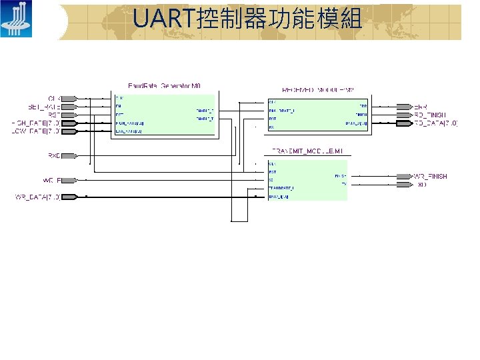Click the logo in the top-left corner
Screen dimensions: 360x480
(15, 19)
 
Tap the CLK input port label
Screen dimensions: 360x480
(54, 98)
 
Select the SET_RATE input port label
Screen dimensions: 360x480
(44, 106)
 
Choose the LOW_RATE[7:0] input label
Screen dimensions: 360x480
(36, 131)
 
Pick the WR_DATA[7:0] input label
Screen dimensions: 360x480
(37, 197)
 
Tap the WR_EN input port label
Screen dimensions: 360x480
(52, 180)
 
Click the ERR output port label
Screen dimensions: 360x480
(421, 107)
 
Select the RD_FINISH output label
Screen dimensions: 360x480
(431, 115)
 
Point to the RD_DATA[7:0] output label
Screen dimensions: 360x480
(436, 123)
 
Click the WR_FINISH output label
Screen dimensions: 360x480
(430, 176)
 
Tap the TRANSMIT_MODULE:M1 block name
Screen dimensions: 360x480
(307, 151)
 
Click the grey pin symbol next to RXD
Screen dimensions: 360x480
(69, 157)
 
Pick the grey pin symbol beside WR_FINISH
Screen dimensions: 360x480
(404, 176)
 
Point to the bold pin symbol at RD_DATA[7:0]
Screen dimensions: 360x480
(404, 123)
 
